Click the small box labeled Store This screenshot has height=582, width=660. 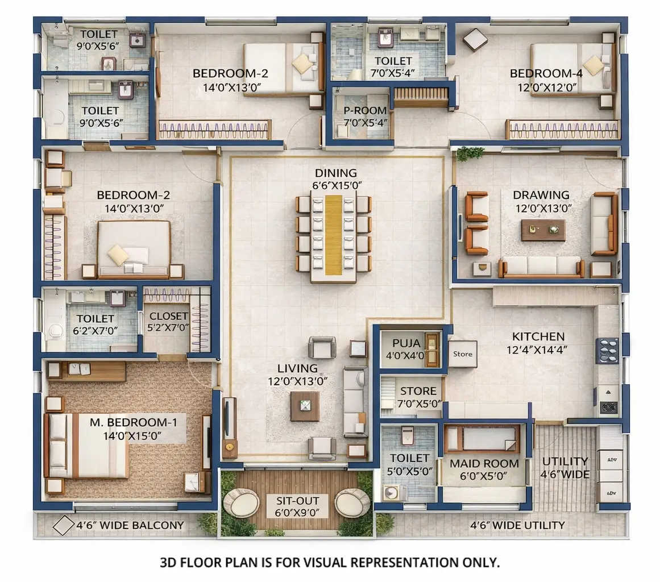pos(462,354)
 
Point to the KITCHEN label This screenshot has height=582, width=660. pos(538,336)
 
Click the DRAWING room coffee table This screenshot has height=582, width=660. pos(543,230)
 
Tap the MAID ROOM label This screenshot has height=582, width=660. pos(484,463)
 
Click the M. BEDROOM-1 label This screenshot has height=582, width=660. pos(134,422)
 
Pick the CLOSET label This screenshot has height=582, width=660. pos(168,316)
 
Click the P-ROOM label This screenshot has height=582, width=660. pos(366,110)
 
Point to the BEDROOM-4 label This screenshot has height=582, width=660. pos(538,73)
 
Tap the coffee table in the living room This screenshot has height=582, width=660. pos(305,406)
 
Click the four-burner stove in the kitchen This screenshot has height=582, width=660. pos(607,350)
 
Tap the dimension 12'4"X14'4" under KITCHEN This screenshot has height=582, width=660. pos(538,350)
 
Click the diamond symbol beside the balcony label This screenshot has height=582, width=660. pos(63,525)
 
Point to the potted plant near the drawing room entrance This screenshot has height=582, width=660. pos(470,153)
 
